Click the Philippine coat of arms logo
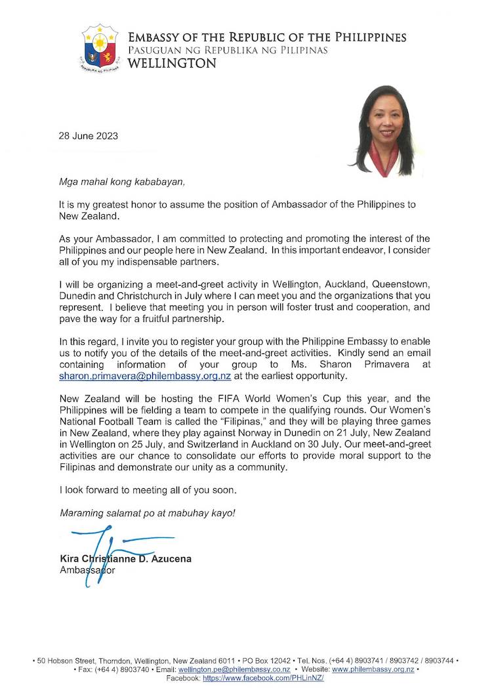99,48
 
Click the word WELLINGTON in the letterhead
173,64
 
